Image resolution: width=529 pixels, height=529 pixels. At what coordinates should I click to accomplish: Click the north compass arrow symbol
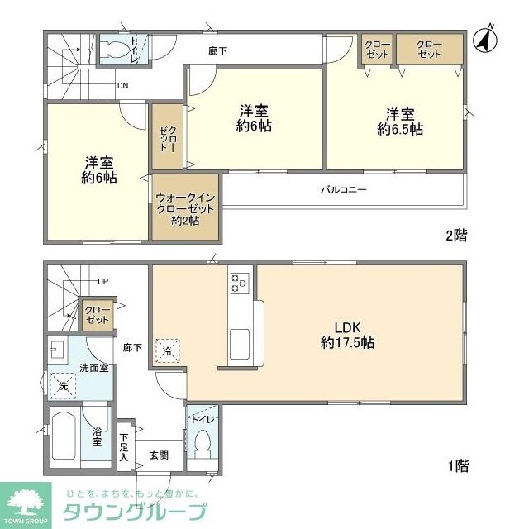tap(484, 36)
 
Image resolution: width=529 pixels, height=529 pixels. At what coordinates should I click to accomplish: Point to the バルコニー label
tap(343, 189)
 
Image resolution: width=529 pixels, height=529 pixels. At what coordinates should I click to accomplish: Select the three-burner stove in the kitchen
tap(241, 283)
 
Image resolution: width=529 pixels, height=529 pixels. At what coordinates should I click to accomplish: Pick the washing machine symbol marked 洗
tap(62, 385)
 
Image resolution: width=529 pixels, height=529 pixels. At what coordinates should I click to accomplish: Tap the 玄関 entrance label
tap(159, 454)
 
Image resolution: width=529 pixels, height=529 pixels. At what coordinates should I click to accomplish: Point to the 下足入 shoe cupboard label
tap(124, 446)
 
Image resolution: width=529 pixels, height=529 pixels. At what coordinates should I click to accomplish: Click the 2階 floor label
tap(456, 236)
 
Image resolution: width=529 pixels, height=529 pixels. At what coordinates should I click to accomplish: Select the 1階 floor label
tap(456, 466)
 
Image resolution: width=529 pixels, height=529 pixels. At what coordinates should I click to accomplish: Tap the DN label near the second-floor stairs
tap(122, 84)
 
